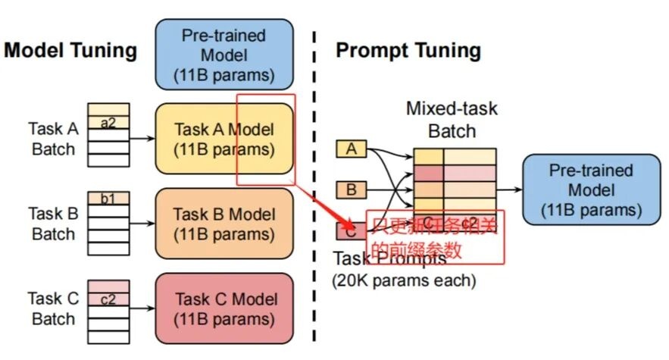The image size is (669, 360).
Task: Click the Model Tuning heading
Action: coord(70,52)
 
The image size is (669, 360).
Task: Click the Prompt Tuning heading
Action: coord(408,52)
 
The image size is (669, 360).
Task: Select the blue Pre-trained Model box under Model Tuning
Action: coord(224,55)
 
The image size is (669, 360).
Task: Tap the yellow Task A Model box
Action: coord(224,139)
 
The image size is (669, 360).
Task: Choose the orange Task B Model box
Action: coord(224,224)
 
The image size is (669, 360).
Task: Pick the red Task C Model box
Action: coord(224,308)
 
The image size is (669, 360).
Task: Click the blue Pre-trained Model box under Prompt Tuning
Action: coord(590,189)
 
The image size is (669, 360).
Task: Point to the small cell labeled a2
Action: coord(108,123)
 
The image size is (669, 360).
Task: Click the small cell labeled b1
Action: coord(108,199)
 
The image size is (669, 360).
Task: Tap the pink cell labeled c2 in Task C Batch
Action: coord(108,299)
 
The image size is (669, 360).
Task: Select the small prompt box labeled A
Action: coord(351,149)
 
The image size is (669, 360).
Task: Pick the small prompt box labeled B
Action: coord(351,189)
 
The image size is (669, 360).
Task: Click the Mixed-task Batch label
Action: coord(452,119)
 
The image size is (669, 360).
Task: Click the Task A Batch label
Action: coord(53,139)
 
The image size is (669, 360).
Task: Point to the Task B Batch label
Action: coord(53,224)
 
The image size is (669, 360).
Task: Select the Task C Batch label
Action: coord(53,308)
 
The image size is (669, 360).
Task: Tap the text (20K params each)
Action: coord(404,280)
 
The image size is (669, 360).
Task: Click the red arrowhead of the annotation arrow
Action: coord(349,225)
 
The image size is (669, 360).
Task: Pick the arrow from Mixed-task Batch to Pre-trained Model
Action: coord(508,189)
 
